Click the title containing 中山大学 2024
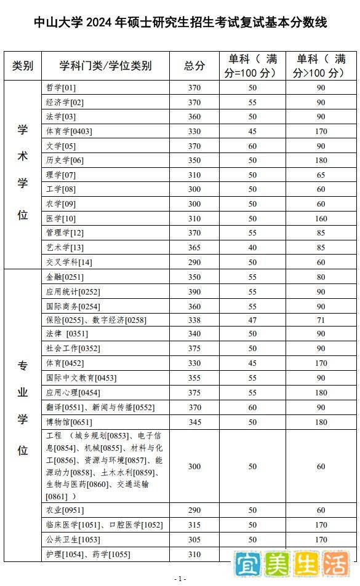click(180, 23)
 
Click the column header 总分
click(194, 66)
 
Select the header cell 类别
click(23, 66)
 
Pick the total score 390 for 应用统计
click(194, 291)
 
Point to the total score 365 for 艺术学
click(194, 248)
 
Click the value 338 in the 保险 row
click(194, 320)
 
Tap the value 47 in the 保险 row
click(252, 320)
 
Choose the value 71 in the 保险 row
click(321, 320)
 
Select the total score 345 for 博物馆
click(194, 422)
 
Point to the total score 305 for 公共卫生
click(194, 540)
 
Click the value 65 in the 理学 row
click(321, 175)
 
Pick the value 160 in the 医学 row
click(321, 219)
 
